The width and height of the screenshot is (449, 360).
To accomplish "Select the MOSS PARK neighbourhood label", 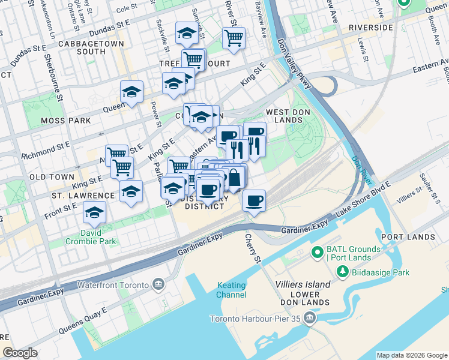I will point(65,121).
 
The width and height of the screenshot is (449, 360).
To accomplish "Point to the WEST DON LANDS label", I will point(284,116).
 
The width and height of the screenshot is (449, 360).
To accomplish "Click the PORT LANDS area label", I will point(408,237).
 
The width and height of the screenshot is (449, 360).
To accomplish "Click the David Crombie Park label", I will point(91,236).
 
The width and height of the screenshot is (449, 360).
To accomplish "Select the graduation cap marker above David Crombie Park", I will point(94,212).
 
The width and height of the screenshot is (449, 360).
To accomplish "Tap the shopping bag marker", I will point(235,178).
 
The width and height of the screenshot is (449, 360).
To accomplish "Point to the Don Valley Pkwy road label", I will point(294,65).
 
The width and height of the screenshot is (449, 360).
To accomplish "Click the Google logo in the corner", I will point(20,353).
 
